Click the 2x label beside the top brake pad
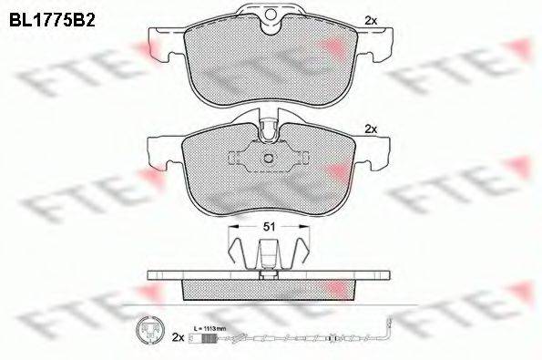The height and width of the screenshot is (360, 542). coord(370,19)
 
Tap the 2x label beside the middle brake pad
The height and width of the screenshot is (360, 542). coord(370,129)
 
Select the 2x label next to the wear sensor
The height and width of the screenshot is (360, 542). coord(179,337)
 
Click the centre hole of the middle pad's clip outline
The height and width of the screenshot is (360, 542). coord(270,160)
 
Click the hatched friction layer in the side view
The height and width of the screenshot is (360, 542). coord(270,289)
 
